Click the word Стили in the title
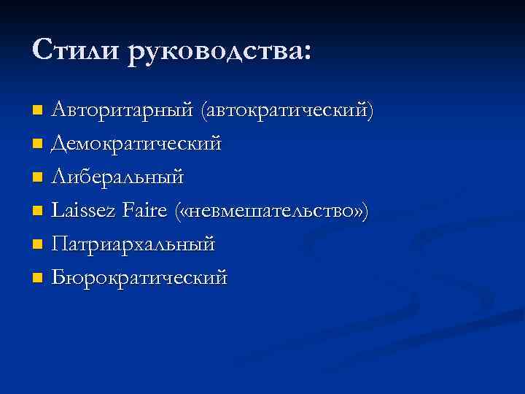click(x=76, y=50)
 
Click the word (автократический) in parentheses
click(x=289, y=111)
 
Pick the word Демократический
click(x=136, y=144)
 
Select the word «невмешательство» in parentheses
click(x=272, y=212)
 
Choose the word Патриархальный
click(x=133, y=244)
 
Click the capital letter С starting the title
click(x=42, y=50)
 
